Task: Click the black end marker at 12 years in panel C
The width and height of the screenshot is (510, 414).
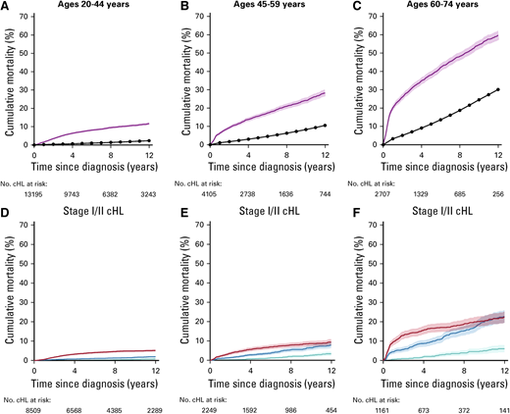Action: pos(499,89)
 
